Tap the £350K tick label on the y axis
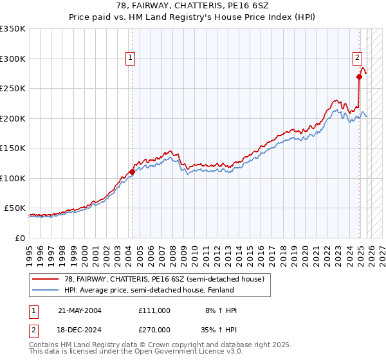13,29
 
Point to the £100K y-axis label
13,178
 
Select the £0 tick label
20,238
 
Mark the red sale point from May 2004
132,172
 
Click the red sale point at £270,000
359,77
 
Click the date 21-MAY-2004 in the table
80,310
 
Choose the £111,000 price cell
154,310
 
